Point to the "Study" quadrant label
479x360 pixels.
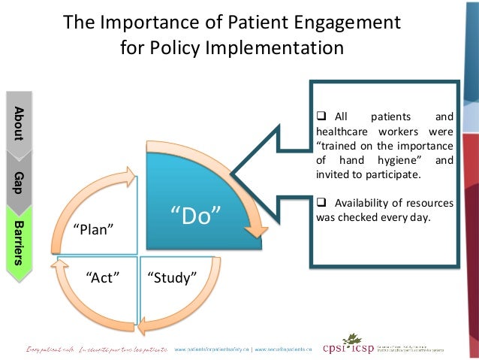click(x=172, y=278)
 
